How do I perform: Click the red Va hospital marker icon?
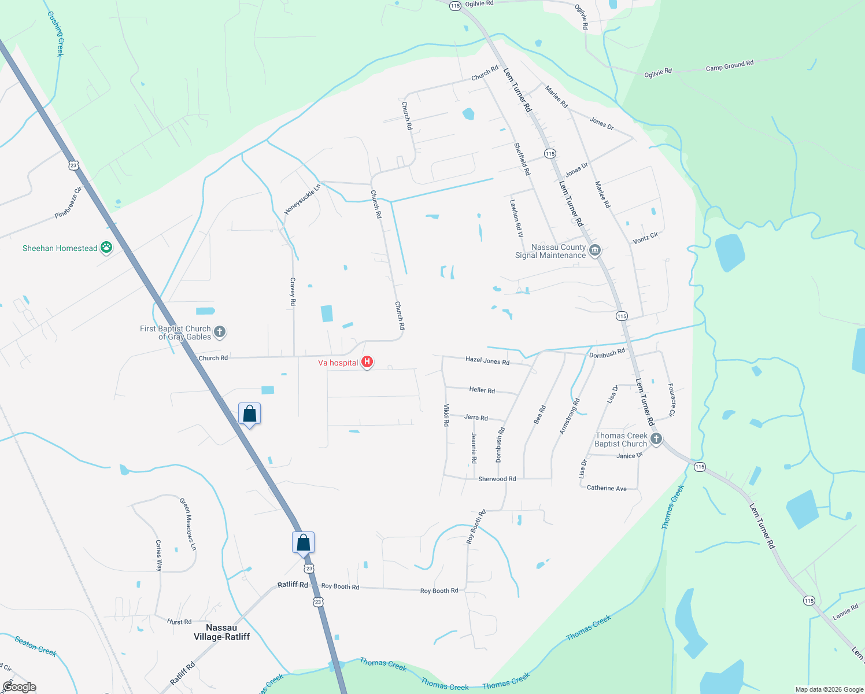point(367,363)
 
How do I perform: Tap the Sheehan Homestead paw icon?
point(106,248)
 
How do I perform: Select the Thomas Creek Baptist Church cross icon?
point(656,439)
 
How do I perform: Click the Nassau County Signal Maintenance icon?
point(595,251)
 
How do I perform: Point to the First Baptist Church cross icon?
point(219,332)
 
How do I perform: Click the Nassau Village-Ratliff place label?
point(221,632)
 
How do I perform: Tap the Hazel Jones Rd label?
point(487,361)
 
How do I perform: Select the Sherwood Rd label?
point(497,479)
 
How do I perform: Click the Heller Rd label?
point(482,390)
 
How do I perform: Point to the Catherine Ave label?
point(607,488)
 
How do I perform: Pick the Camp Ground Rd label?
point(730,65)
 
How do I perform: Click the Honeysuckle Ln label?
point(302,200)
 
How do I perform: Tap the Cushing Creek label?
point(56,34)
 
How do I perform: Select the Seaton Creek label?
point(35,646)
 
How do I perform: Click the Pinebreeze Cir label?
point(68,202)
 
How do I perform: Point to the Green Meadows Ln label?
point(188,524)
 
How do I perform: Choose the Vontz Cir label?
point(645,238)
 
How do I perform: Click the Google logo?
point(20,687)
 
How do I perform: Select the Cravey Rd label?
point(293,291)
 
